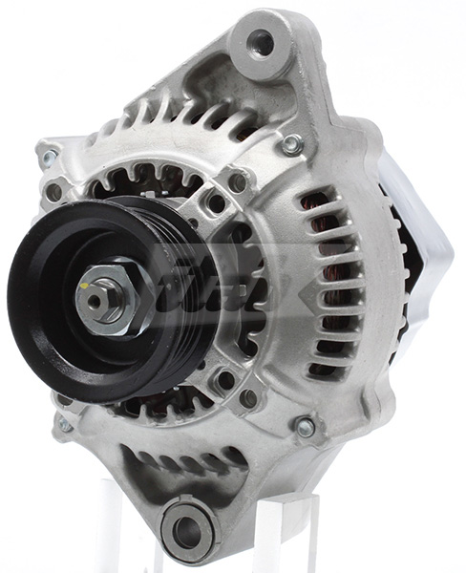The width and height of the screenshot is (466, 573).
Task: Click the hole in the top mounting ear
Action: tap(260, 41)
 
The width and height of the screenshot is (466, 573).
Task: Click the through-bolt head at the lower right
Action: tap(305, 427)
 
